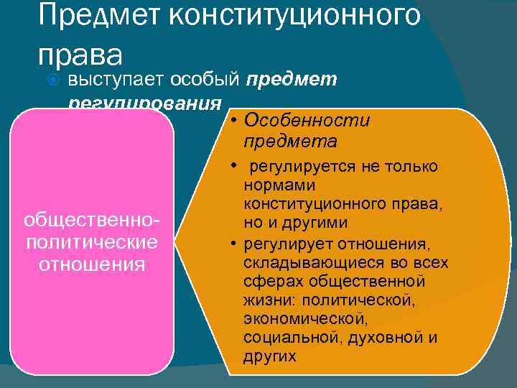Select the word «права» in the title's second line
click(x=80, y=54)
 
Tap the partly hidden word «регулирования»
click(x=144, y=104)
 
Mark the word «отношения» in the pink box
click(x=92, y=264)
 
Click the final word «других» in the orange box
click(x=269, y=356)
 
